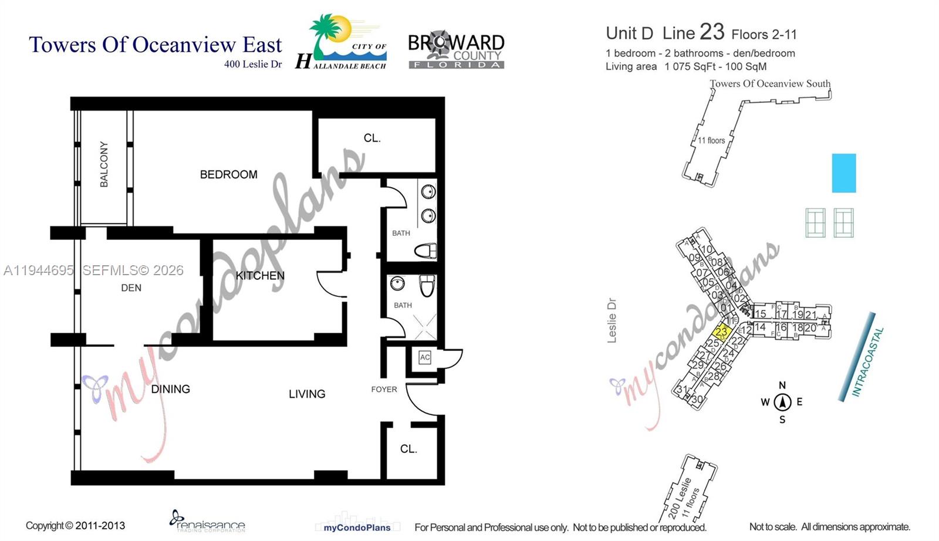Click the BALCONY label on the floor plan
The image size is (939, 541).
click(x=104, y=164)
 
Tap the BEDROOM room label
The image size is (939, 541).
click(x=228, y=174)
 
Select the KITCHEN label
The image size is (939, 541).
click(x=260, y=275)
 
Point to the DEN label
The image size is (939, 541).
click(x=131, y=288)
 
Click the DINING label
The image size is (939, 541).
click(x=170, y=389)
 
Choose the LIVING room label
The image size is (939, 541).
click(x=307, y=394)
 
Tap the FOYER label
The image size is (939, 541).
click(x=384, y=389)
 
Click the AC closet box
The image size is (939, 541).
click(x=425, y=357)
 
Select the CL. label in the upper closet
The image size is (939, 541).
click(x=372, y=138)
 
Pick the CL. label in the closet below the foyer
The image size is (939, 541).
click(x=408, y=449)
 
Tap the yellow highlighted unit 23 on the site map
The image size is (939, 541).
click(x=721, y=332)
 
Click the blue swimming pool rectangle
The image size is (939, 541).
click(x=844, y=173)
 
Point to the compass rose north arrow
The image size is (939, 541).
click(x=782, y=402)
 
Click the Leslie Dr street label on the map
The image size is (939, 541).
click(x=612, y=320)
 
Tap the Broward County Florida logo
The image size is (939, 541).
click(x=456, y=50)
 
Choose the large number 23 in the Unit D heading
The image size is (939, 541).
click(x=712, y=32)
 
